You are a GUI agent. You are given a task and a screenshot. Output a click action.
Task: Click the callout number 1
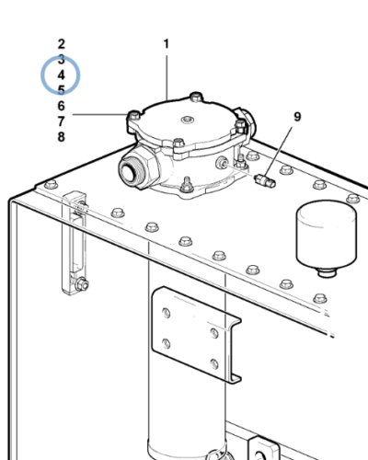[x=167, y=44]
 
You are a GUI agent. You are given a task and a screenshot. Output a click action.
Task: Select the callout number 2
[x=62, y=44]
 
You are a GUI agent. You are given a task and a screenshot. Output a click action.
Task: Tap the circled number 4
[x=62, y=75]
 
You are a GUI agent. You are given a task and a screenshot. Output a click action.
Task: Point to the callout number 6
[x=62, y=106]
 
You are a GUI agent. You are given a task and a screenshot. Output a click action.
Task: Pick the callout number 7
[x=62, y=121]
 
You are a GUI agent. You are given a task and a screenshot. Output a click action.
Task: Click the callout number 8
[x=62, y=137]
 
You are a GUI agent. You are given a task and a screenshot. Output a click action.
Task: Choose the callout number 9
[x=297, y=117]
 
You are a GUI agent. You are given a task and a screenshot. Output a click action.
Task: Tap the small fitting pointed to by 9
[x=265, y=180]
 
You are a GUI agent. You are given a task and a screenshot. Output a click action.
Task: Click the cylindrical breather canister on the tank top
[x=327, y=237]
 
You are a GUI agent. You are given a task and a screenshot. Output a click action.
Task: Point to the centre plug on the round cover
[x=187, y=120]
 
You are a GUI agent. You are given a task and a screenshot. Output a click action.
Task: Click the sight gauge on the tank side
[x=74, y=242]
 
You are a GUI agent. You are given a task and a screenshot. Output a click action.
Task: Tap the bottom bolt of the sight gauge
[x=82, y=285]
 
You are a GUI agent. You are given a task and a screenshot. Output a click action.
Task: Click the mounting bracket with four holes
[x=196, y=334]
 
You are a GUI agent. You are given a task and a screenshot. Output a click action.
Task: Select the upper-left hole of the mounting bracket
[x=167, y=314]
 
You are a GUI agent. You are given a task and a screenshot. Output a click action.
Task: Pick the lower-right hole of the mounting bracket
[x=214, y=364]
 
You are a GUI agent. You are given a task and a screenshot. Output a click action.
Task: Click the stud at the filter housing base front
[x=187, y=185]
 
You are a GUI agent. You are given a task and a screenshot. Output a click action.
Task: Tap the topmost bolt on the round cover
[x=196, y=97]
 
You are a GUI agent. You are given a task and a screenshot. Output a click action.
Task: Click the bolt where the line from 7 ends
[x=134, y=115]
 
